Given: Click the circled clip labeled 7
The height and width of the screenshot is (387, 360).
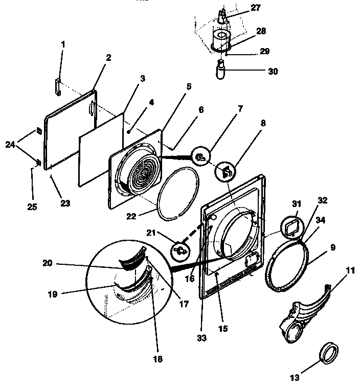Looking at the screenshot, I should (201, 157).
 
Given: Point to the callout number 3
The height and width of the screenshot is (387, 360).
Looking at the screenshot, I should (142, 78).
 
